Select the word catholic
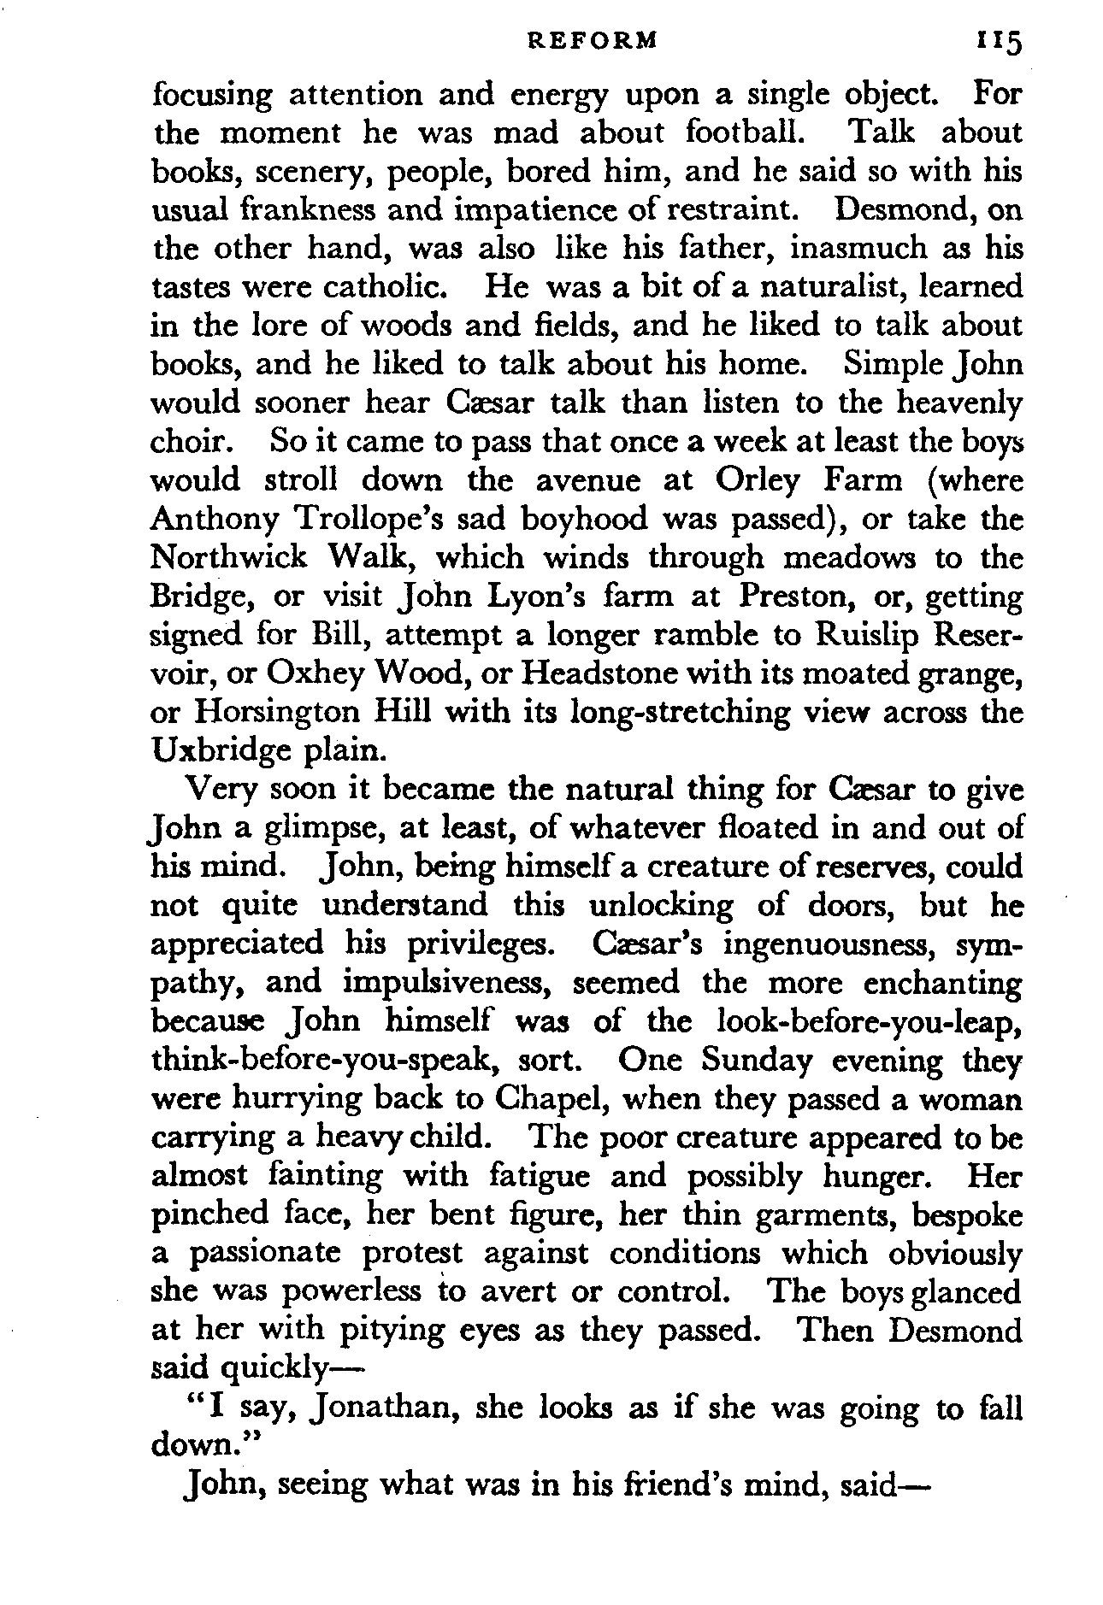[x=375, y=287]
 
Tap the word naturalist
[x=795, y=287]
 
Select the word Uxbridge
[x=220, y=750]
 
